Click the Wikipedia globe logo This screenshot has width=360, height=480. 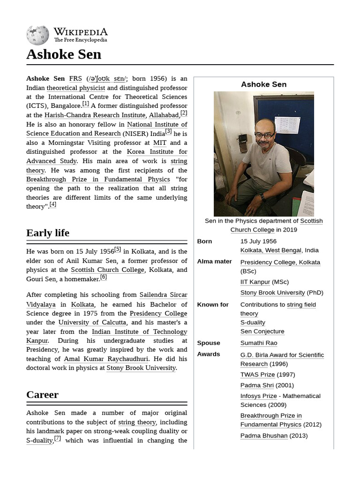click(37, 35)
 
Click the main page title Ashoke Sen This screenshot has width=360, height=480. click(64, 54)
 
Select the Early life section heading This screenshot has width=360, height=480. click(48, 233)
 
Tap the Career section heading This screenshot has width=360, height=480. click(42, 395)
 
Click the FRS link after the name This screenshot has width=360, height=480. click(75, 79)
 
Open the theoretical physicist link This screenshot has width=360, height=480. click(75, 88)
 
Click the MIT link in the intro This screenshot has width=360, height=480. click(160, 142)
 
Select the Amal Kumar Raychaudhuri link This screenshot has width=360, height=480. click(106, 359)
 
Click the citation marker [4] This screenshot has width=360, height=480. click(53, 204)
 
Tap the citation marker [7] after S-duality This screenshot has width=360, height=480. click(58, 438)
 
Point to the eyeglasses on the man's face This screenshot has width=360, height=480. click(265, 135)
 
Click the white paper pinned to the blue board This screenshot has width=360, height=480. click(287, 125)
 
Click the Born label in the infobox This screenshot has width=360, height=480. click(204, 241)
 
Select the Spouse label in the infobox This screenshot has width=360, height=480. click(209, 343)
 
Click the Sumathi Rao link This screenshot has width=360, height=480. click(259, 343)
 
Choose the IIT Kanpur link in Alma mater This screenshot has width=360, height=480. click(255, 282)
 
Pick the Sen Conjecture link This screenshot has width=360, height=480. click(262, 331)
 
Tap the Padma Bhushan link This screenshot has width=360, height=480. click(264, 435)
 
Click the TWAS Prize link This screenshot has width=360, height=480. click(257, 375)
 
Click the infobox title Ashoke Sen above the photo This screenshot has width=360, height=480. click(263, 84)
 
